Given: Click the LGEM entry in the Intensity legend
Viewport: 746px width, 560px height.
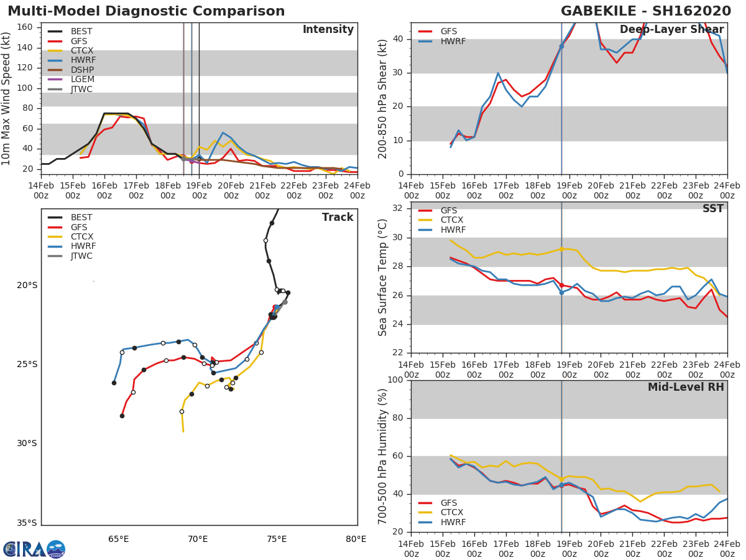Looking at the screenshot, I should [x=82, y=80].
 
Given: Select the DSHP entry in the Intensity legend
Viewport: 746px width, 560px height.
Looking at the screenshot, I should [x=82, y=70].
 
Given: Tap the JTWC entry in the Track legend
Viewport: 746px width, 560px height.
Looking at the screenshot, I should [x=81, y=256].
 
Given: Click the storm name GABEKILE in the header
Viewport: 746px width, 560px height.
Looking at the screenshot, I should [x=604, y=11].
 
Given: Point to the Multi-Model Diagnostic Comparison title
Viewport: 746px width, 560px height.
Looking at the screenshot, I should [x=146, y=11].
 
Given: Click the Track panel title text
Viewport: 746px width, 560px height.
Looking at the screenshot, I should [x=338, y=217].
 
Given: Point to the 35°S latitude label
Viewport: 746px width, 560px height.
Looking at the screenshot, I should [x=26, y=523].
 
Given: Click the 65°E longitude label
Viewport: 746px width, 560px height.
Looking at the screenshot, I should [x=119, y=539].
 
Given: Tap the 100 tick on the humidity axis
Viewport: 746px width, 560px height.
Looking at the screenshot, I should [x=395, y=380].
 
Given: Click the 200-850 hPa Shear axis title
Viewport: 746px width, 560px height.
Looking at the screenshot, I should [x=383, y=98].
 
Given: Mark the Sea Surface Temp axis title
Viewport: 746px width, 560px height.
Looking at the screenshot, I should [x=383, y=277].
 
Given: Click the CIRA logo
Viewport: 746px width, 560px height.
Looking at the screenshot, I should [x=34, y=549].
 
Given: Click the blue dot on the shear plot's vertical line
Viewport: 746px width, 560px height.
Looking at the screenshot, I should [x=561, y=46].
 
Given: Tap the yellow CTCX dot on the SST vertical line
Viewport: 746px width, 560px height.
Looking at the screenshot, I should [x=561, y=249].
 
